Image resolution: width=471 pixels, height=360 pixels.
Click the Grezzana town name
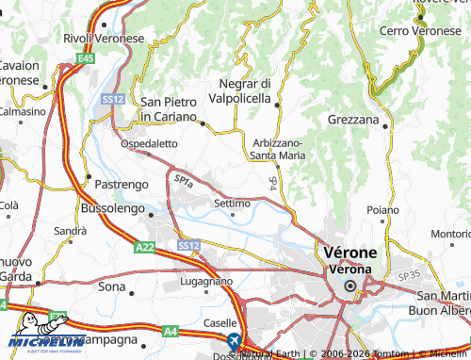coord(353,121)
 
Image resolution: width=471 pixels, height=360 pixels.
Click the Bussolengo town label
coord(112,205)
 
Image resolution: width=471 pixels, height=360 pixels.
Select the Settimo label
coord(232,203)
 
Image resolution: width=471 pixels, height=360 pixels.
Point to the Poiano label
coord(382,209)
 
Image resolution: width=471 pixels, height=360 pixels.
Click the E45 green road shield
coord(87,58)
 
